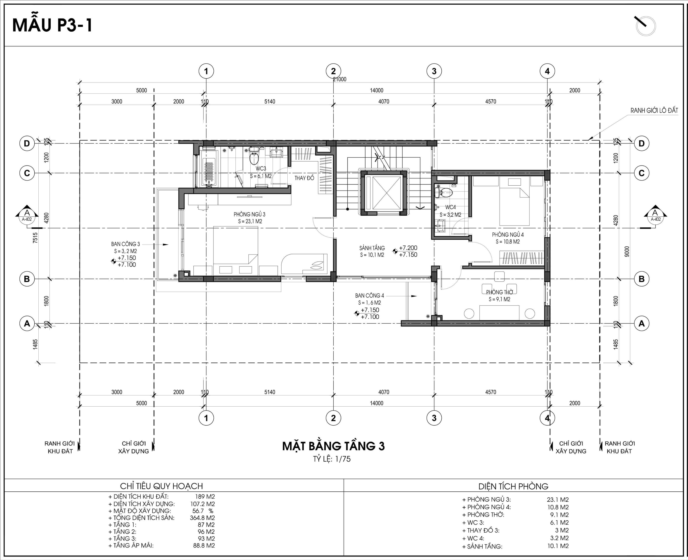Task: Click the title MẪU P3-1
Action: [x=52, y=25]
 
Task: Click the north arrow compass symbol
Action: [x=645, y=26]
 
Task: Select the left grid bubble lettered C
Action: [x=27, y=173]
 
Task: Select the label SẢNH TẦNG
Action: [x=372, y=248]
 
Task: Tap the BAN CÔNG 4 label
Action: [x=369, y=296]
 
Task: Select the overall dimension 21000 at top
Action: [x=340, y=79]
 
